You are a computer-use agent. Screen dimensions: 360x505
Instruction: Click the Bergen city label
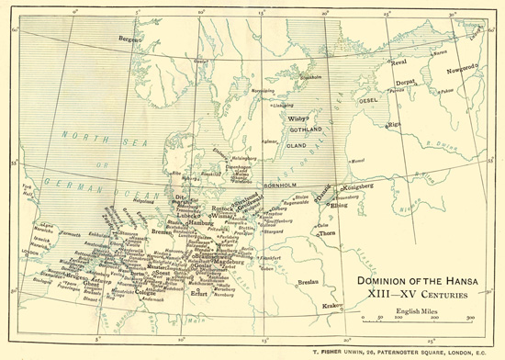tap(131, 39)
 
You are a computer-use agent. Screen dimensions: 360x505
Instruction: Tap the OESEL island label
tap(369, 99)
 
